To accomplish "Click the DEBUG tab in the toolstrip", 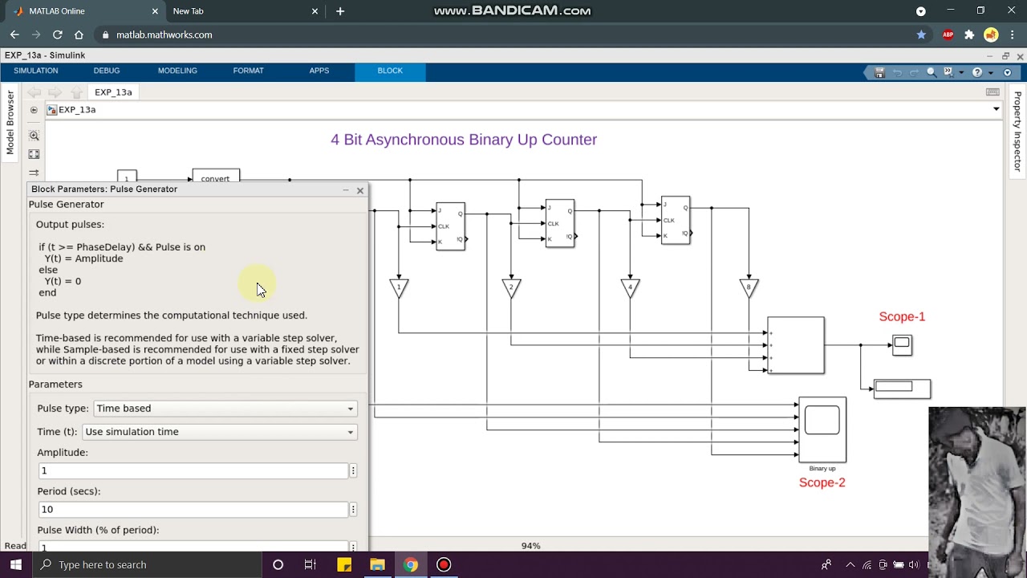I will pyautogui.click(x=106, y=71).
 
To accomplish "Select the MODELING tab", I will pyautogui.click(x=177, y=71).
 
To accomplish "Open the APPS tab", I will pyautogui.click(x=319, y=71).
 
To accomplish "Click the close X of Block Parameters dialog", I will pyautogui.click(x=360, y=190).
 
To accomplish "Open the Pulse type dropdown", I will pyautogui.click(x=224, y=409).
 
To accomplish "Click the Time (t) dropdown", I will pyautogui.click(x=219, y=432).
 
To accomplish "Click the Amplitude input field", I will pyautogui.click(x=193, y=470).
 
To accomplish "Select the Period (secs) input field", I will pyautogui.click(x=193, y=509).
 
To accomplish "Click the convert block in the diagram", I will pyautogui.click(x=216, y=177).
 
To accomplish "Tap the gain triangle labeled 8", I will pyautogui.click(x=749, y=287).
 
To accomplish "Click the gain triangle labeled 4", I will pyautogui.click(x=630, y=287).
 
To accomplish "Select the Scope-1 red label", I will pyautogui.click(x=902, y=317).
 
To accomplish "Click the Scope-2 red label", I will pyautogui.click(x=822, y=482).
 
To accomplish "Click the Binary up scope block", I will pyautogui.click(x=822, y=429).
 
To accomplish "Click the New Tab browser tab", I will pyautogui.click(x=189, y=11).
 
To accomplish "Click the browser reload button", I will pyautogui.click(x=58, y=35).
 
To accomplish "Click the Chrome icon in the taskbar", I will pyautogui.click(x=410, y=564).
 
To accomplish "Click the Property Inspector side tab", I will pyautogui.click(x=1017, y=132).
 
